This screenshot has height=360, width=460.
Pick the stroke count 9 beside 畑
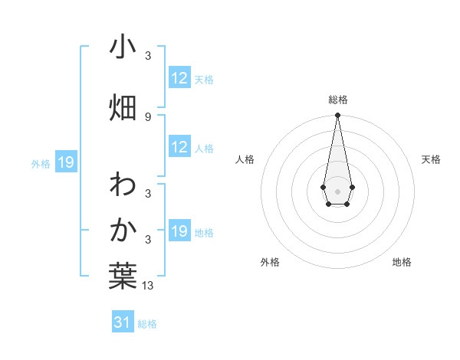(x=148, y=117)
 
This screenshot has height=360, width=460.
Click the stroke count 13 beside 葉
(x=148, y=286)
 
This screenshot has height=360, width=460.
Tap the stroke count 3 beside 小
(x=148, y=56)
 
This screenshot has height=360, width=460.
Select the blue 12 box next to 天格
(x=179, y=78)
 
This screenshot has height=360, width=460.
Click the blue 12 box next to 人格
(x=179, y=147)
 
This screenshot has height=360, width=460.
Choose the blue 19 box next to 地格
(x=179, y=231)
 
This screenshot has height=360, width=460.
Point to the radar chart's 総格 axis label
(x=338, y=100)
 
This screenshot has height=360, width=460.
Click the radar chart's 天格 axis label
(x=432, y=159)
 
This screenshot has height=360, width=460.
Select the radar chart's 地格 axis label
(x=402, y=263)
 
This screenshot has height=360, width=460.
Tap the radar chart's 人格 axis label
(x=245, y=159)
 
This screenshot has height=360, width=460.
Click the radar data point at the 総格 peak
(x=337, y=116)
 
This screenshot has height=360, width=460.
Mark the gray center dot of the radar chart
(x=337, y=190)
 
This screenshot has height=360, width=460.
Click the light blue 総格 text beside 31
(x=147, y=324)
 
